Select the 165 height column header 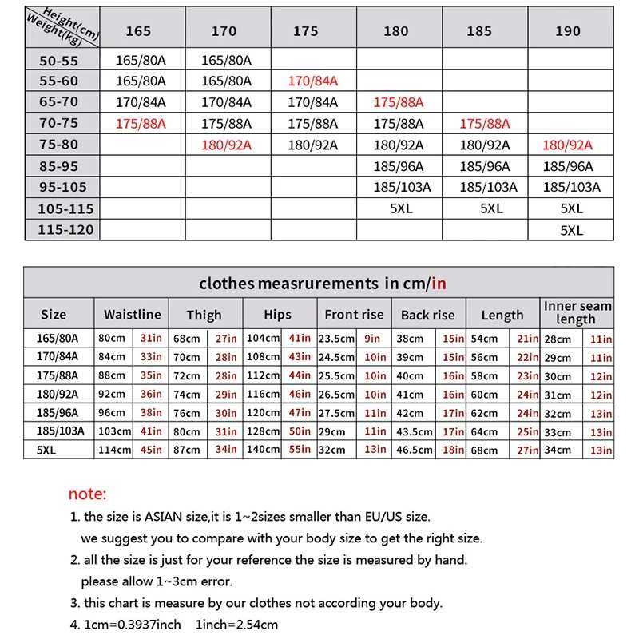click(x=138, y=31)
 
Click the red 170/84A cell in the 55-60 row click(x=312, y=81)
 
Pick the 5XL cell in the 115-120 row click(x=571, y=230)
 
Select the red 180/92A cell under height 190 click(x=567, y=145)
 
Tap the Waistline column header click(x=133, y=314)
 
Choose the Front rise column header click(x=354, y=314)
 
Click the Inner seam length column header click(x=577, y=312)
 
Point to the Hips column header click(x=277, y=314)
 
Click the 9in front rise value click(x=372, y=338)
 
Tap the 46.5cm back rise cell click(x=415, y=450)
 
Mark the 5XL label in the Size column click(x=49, y=450)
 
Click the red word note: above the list click(x=87, y=494)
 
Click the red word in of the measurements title click(x=439, y=283)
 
